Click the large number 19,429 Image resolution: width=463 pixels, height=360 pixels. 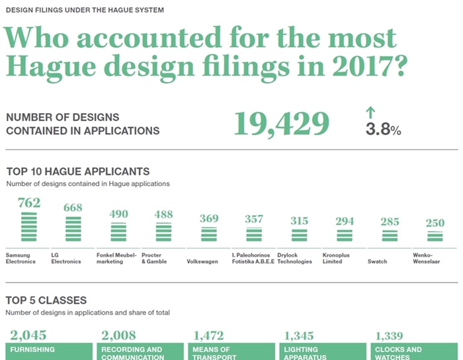click(281, 124)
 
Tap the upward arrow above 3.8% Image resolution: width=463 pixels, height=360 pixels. click(370, 112)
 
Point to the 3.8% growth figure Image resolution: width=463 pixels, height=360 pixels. click(383, 129)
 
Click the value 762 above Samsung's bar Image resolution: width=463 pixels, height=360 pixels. click(29, 203)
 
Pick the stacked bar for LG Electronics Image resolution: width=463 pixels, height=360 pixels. click(73, 229)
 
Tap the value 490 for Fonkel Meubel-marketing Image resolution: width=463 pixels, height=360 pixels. click(118, 214)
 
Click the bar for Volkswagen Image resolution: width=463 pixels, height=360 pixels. click(209, 235)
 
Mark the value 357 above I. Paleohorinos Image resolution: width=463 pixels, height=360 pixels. click(254, 219)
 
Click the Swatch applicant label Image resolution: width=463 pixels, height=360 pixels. click(377, 261)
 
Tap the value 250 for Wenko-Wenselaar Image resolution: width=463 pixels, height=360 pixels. click(435, 223)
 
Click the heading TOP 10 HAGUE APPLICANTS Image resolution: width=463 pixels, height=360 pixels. click(78, 171)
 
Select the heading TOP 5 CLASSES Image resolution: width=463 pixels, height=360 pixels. click(46, 300)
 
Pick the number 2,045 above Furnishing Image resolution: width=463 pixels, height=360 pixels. click(28, 336)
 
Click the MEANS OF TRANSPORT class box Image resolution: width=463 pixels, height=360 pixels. click(232, 351)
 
